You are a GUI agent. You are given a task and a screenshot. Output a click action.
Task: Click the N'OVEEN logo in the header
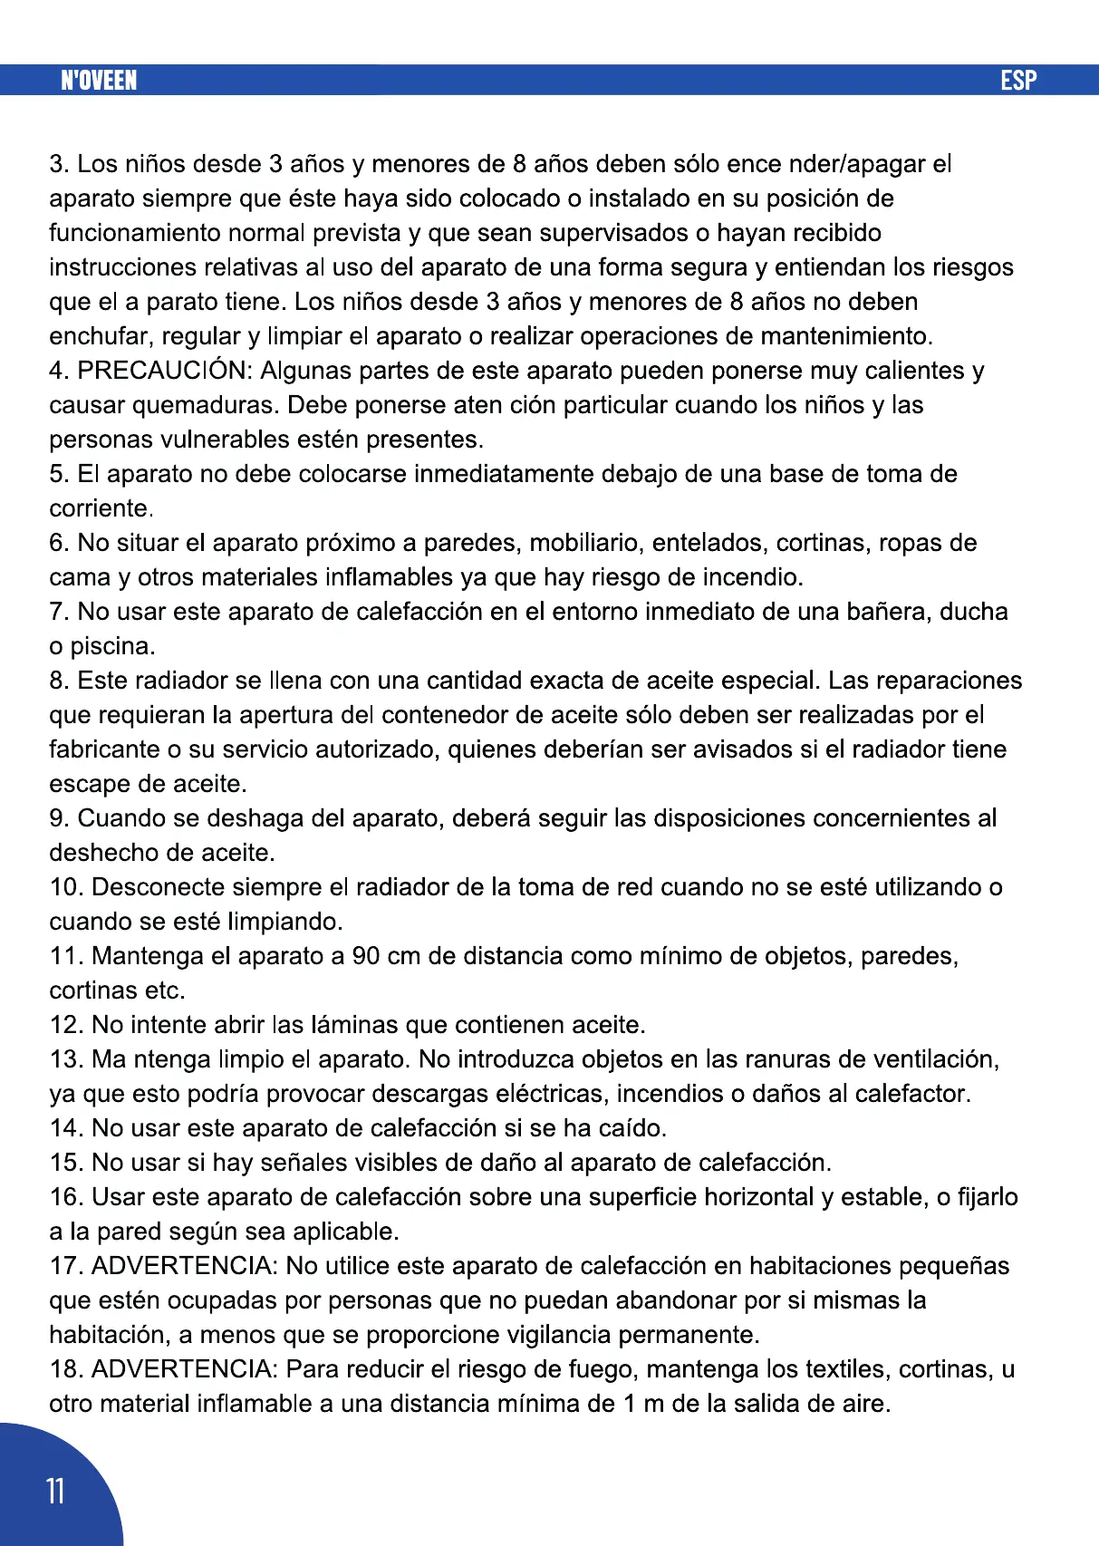tap(99, 81)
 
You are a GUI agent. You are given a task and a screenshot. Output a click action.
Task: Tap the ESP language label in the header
tap(1018, 81)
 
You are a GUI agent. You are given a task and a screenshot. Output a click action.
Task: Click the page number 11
tap(55, 1491)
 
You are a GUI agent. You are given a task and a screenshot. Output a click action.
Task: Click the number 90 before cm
tap(365, 956)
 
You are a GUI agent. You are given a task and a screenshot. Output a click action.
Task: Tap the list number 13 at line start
tap(65, 1059)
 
